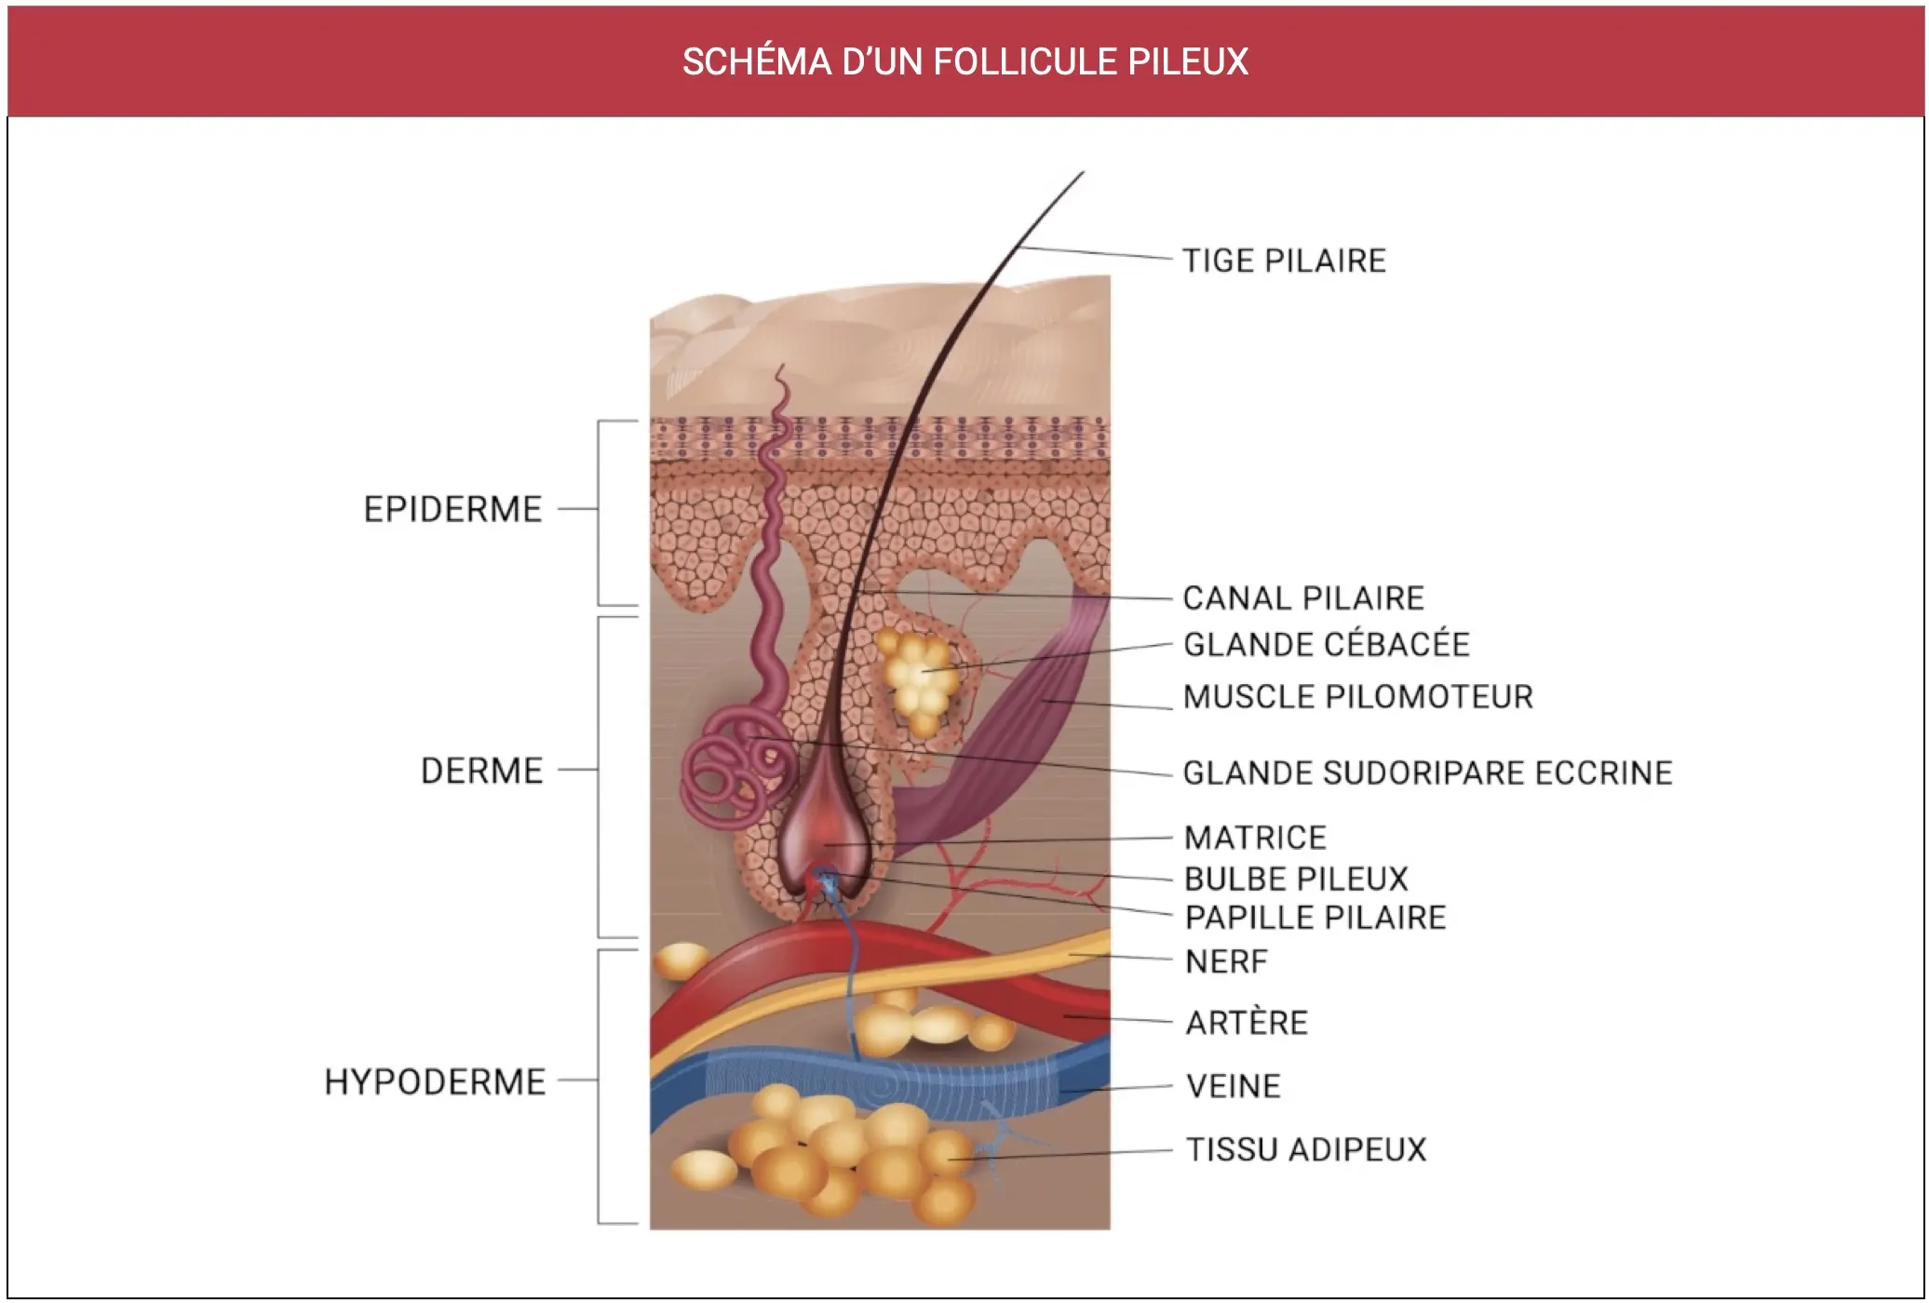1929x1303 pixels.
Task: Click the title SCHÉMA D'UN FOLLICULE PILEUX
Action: pyautogui.click(x=964, y=61)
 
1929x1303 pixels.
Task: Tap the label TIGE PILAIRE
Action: pyautogui.click(x=1284, y=261)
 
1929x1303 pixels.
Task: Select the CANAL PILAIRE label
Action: pyautogui.click(x=1303, y=598)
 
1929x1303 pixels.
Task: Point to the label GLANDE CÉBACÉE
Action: pyautogui.click(x=1327, y=644)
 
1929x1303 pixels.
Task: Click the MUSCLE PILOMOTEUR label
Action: pyautogui.click(x=1358, y=696)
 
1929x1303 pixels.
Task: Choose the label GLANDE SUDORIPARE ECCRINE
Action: pyautogui.click(x=1428, y=772)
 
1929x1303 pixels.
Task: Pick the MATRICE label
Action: pyautogui.click(x=1255, y=838)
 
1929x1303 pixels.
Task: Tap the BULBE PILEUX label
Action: pyautogui.click(x=1296, y=879)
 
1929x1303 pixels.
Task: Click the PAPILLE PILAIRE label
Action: pyautogui.click(x=1315, y=918)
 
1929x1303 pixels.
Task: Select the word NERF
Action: pyautogui.click(x=1226, y=961)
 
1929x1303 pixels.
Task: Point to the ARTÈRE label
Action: pyautogui.click(x=1247, y=1023)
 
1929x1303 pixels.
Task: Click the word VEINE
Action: pyautogui.click(x=1234, y=1086)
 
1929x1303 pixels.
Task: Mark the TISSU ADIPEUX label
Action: pyautogui.click(x=1306, y=1149)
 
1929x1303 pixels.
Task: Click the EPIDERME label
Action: pyautogui.click(x=452, y=510)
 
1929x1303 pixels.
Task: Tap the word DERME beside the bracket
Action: pyautogui.click(x=481, y=771)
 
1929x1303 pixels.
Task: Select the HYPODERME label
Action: pyautogui.click(x=435, y=1081)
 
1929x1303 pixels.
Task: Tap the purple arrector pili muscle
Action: pyautogui.click(x=996, y=726)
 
